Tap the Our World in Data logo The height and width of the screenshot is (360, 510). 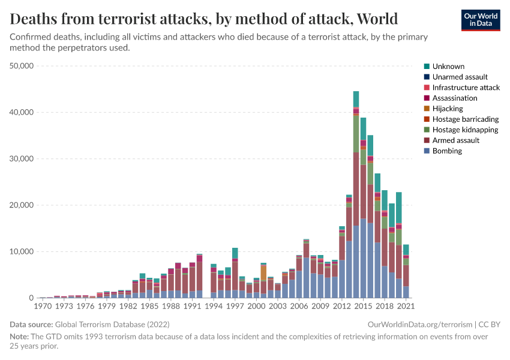tap(480, 19)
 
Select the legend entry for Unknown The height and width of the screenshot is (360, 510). tap(448, 67)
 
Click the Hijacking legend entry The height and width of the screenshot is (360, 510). tap(448, 109)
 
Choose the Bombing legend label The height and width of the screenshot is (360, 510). tap(447, 151)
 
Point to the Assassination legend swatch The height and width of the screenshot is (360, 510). tap(427, 98)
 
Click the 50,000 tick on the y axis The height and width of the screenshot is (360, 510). tap(22, 66)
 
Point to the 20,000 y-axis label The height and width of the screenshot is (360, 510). tap(22, 205)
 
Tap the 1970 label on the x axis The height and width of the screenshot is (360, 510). tap(43, 306)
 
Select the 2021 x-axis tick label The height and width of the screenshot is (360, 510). tap(406, 306)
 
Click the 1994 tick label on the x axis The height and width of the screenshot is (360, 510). tap(214, 306)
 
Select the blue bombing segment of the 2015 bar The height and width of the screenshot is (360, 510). tap(363, 258)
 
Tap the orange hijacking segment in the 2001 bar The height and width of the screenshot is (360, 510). tap(263, 273)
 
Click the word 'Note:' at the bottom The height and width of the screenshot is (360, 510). tap(19, 337)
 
